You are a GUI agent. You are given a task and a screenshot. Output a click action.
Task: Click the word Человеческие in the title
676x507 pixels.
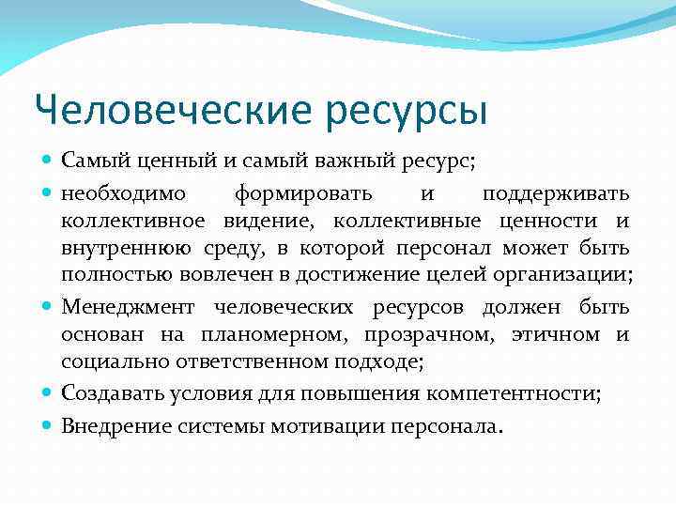point(172,111)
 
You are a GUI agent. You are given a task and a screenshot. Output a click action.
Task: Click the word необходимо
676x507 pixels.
point(124,194)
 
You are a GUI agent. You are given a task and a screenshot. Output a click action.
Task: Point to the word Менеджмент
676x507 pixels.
point(128,308)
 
